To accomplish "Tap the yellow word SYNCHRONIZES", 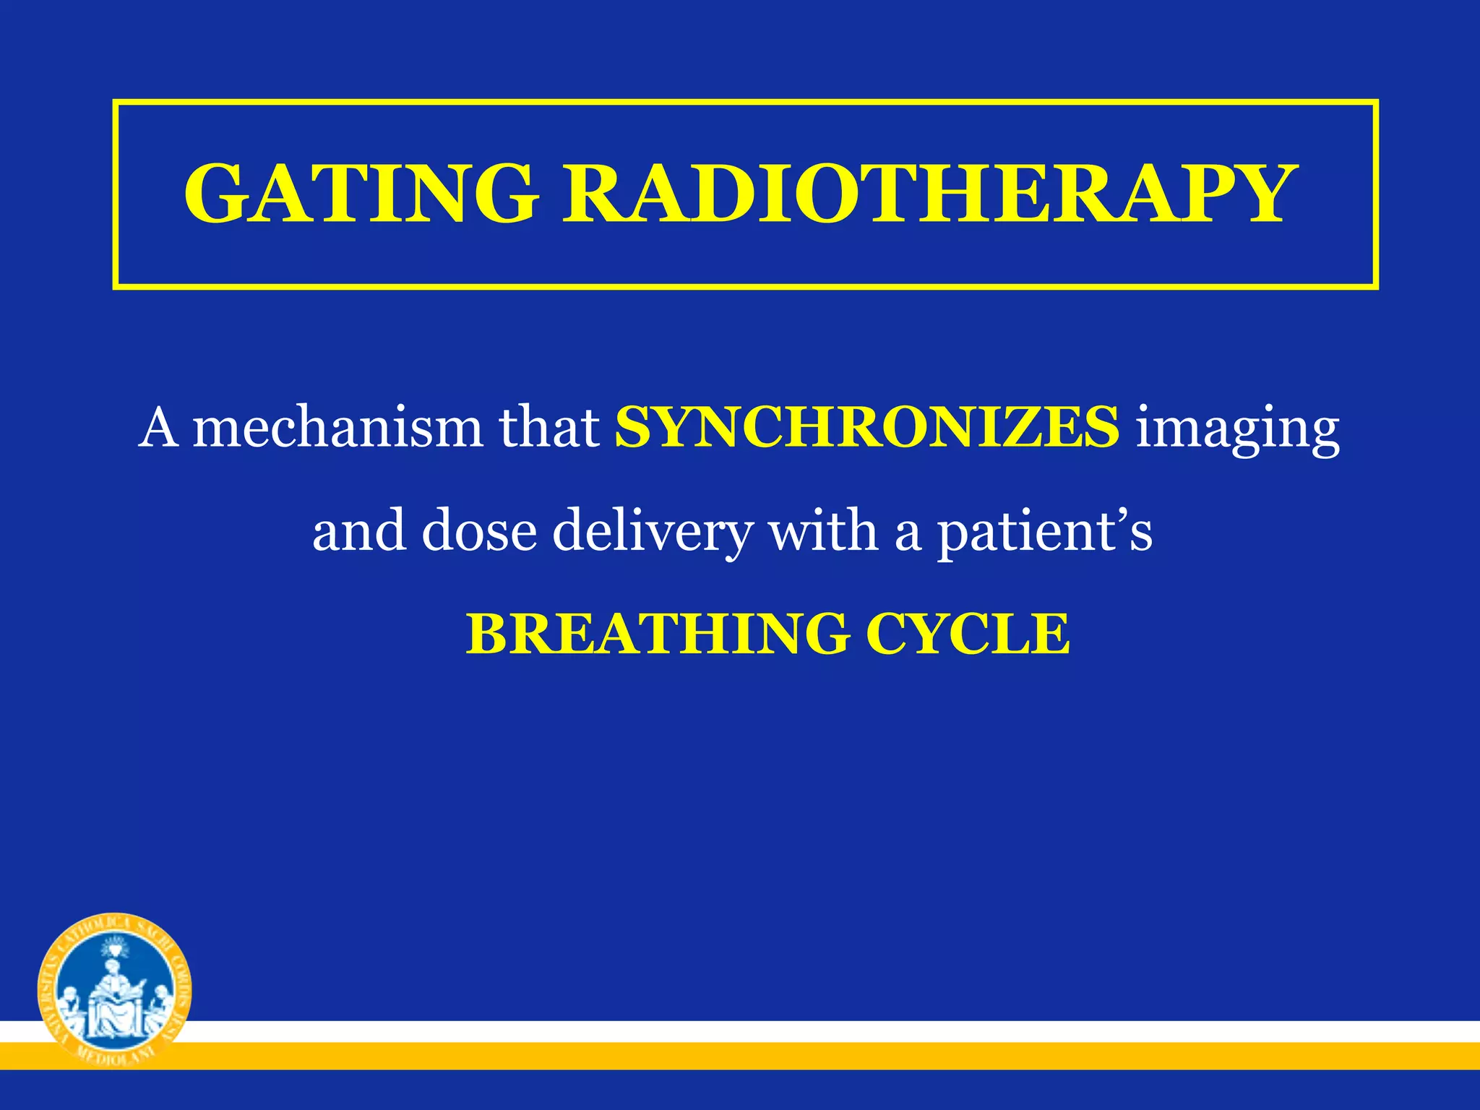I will tap(866, 428).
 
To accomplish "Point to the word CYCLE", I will tap(968, 634).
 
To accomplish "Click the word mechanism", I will tap(337, 428).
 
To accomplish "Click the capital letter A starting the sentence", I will tap(158, 428).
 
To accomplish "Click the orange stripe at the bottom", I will tap(795, 1056).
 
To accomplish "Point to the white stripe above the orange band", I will tap(795, 1031).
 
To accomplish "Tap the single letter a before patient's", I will tap(908, 535).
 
